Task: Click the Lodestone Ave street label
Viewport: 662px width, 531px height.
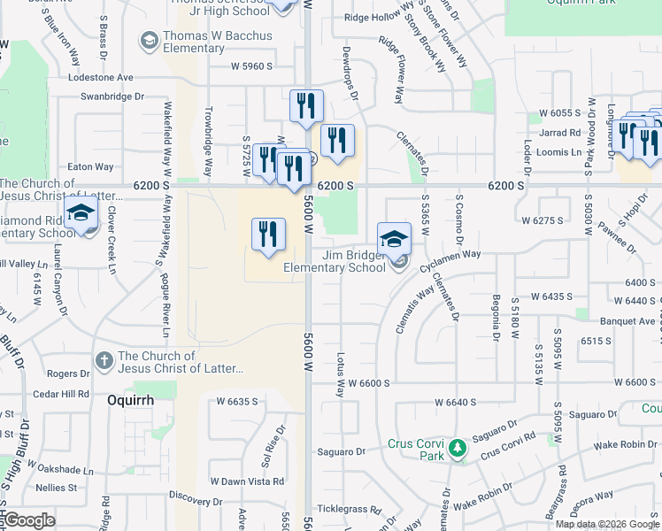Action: click(x=100, y=78)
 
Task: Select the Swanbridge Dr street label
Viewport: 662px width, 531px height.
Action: click(x=111, y=96)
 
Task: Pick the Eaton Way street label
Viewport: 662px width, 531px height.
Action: click(x=91, y=166)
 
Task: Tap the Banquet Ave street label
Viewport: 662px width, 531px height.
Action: click(x=629, y=321)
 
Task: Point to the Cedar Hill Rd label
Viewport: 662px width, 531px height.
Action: click(x=60, y=394)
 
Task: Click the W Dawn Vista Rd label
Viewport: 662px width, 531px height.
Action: click(x=247, y=481)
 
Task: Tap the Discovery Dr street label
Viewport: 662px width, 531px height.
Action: click(x=194, y=497)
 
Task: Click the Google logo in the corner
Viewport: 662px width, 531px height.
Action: click(x=28, y=520)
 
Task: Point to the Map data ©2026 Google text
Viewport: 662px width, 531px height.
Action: click(x=606, y=524)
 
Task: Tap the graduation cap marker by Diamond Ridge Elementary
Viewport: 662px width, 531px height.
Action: click(x=81, y=215)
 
